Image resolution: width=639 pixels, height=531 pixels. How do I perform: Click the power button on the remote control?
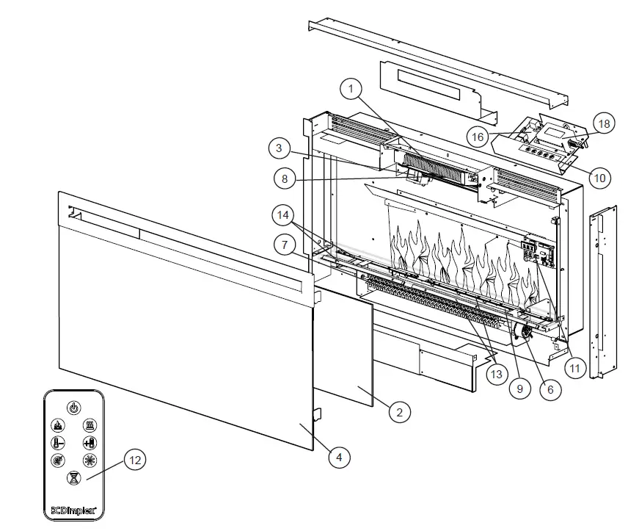pos(74,407)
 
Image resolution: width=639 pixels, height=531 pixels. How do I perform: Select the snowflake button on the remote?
pos(90,460)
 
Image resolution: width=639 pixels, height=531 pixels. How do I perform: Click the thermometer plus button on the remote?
pos(90,443)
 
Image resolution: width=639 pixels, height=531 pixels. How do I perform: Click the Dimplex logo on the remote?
pos(74,507)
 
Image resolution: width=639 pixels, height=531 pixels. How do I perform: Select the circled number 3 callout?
pos(279,149)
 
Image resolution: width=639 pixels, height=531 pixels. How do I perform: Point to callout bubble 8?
pos(284,178)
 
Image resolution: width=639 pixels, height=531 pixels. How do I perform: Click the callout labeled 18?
pos(604,123)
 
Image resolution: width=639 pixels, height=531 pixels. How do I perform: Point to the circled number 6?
pos(547,391)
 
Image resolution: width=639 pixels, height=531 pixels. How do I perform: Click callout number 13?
pos(497,375)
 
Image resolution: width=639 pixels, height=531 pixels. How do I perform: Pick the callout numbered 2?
pos(398,412)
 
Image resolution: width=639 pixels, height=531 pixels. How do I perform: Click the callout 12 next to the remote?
pos(134,460)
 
